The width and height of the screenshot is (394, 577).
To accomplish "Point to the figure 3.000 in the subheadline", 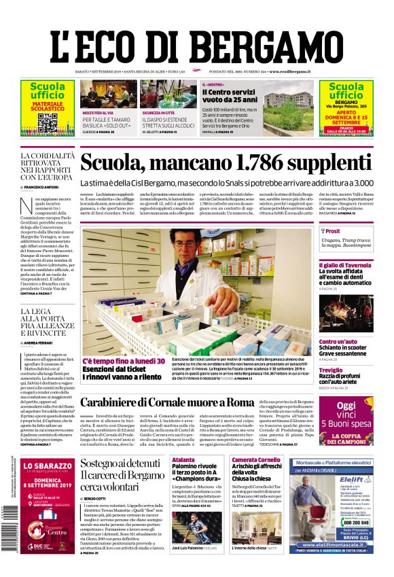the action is coord(359,183).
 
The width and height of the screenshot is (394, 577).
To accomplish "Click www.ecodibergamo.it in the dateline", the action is coord(290,71).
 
